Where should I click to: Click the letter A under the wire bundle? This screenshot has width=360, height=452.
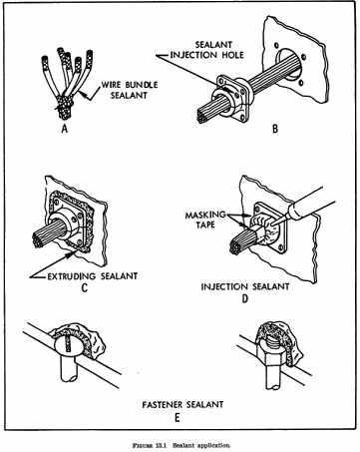[65, 128]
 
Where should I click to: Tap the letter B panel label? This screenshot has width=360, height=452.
[275, 129]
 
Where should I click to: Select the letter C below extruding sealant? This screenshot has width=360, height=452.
[85, 287]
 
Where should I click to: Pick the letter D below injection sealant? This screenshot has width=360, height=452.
[245, 298]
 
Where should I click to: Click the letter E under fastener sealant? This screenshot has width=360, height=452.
[178, 418]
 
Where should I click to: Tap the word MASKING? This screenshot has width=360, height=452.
[205, 215]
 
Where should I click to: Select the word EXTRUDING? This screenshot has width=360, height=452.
[72, 276]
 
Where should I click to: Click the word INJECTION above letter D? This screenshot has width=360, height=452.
[224, 286]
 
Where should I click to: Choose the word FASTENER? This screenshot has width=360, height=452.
[163, 405]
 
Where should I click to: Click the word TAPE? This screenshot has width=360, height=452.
[205, 225]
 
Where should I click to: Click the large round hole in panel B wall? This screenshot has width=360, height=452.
[290, 65]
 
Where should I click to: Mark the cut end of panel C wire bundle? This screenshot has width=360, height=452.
[38, 241]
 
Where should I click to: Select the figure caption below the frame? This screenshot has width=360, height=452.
[181, 445]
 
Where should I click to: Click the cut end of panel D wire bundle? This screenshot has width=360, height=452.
[236, 248]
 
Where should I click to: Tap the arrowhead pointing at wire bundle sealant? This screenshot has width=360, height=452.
[84, 96]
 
